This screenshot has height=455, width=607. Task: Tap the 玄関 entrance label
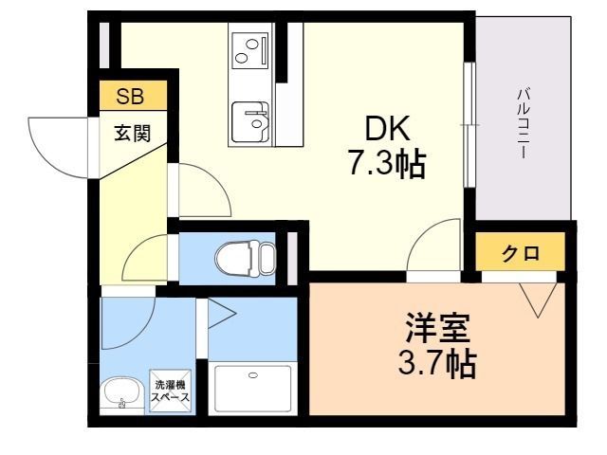click(x=133, y=133)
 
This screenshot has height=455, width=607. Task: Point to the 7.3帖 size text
click(x=384, y=166)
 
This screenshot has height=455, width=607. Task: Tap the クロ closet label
click(x=521, y=253)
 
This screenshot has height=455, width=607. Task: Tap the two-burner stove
click(x=249, y=48)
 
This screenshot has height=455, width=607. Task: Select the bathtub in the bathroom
click(x=252, y=388)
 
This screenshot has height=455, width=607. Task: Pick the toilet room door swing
click(x=147, y=259)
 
